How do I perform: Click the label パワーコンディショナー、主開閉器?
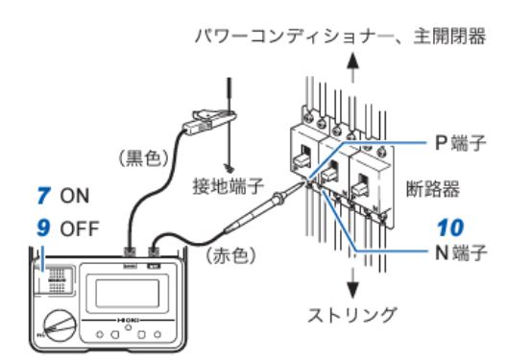[x=340, y=36]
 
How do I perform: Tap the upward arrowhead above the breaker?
[x=352, y=60]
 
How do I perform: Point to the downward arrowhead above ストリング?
[x=352, y=290]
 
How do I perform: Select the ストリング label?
[x=352, y=315]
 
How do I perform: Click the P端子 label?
[x=461, y=143]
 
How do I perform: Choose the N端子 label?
[x=461, y=252]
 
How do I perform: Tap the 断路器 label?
[x=433, y=189]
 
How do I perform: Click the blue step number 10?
[x=450, y=228]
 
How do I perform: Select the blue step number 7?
[x=44, y=196]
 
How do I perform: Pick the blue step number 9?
[x=43, y=228]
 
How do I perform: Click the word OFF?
[x=80, y=228]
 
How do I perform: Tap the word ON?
[x=74, y=196]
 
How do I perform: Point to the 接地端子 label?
[x=229, y=186]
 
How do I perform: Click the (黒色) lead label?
[x=144, y=158]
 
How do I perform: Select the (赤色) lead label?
[x=230, y=255]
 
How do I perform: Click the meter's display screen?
[x=127, y=294]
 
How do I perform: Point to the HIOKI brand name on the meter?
[x=128, y=321]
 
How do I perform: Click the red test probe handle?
[x=253, y=212]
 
